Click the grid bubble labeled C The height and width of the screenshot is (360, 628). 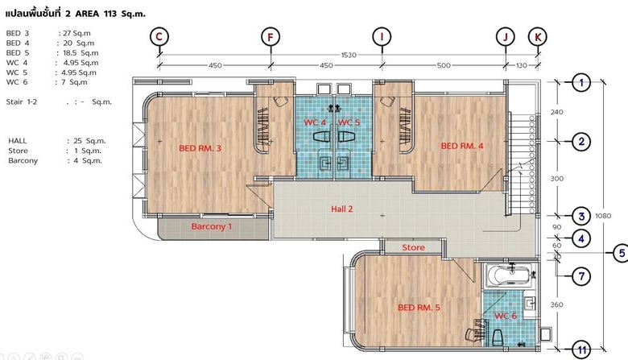pyautogui.click(x=159, y=37)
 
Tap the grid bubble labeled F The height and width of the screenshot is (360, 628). pyautogui.click(x=271, y=37)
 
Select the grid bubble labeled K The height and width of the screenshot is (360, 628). pyautogui.click(x=538, y=37)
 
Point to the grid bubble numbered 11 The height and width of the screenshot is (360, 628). pyautogui.click(x=581, y=350)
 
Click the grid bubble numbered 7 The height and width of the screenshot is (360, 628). pyautogui.click(x=581, y=276)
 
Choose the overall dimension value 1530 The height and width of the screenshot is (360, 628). pyautogui.click(x=349, y=55)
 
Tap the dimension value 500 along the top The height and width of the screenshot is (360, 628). pyautogui.click(x=444, y=65)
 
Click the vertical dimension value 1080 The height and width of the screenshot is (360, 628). pyautogui.click(x=603, y=216)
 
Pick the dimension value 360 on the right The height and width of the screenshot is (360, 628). pyautogui.click(x=556, y=304)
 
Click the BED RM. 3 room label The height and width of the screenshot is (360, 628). pyautogui.click(x=200, y=148)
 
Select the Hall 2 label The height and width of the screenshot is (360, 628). pyautogui.click(x=342, y=209)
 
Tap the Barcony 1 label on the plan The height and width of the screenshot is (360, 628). pyautogui.click(x=212, y=226)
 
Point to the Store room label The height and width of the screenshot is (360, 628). pyautogui.click(x=413, y=247)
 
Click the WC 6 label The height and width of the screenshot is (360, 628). pyautogui.click(x=506, y=316)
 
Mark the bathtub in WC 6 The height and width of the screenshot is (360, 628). pyautogui.click(x=508, y=275)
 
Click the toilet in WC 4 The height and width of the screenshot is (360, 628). pyautogui.click(x=321, y=137)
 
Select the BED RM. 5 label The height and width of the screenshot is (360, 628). pyautogui.click(x=419, y=308)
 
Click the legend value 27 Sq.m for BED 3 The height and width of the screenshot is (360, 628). pyautogui.click(x=76, y=33)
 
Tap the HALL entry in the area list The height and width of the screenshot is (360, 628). pyautogui.click(x=17, y=141)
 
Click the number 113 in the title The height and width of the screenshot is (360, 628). pyautogui.click(x=110, y=14)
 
